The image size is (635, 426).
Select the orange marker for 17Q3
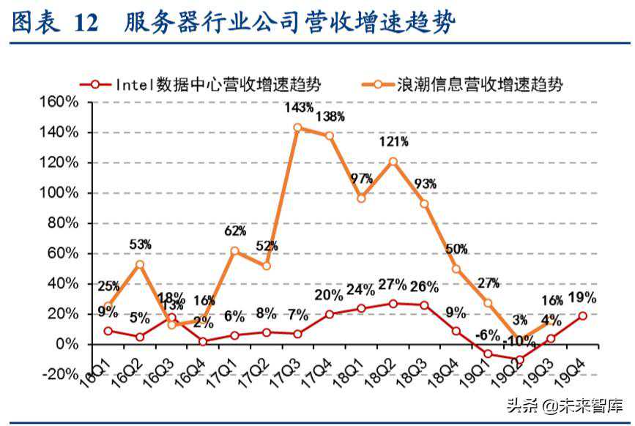coord(297,127)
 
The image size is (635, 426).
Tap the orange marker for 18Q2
coord(393,161)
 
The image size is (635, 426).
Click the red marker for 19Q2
coord(520,359)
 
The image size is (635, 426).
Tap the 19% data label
coord(582,297)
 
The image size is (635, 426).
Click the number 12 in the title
coord(86,23)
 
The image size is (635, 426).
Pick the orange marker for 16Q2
coord(139,264)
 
